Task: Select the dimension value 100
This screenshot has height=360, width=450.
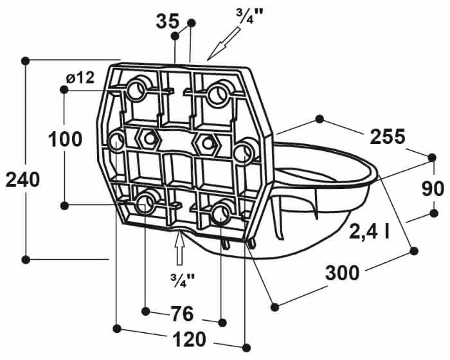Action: pos(65,139)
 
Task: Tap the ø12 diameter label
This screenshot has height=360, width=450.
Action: pos(80,78)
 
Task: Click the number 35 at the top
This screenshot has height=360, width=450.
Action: pos(168,21)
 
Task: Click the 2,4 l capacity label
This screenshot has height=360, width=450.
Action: pos(369,231)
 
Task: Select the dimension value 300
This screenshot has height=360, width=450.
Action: pos(342,274)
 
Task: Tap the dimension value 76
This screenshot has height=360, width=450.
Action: pos(183,314)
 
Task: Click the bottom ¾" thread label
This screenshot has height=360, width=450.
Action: pos(183,278)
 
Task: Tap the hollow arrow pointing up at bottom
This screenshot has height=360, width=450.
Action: pos(181,248)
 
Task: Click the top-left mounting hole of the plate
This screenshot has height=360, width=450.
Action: pos(138,91)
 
